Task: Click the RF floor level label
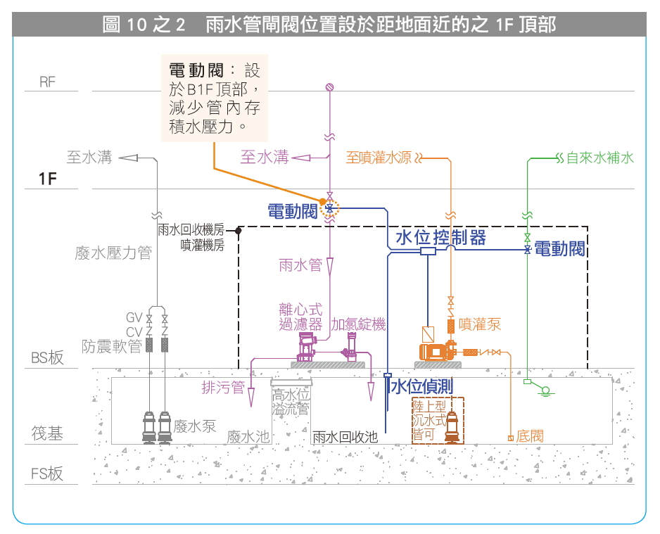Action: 47,82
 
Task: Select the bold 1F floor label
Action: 47,179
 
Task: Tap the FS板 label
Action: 47,473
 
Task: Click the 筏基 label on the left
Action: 47,433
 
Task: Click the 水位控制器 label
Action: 440,237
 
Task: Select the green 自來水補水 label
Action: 600,158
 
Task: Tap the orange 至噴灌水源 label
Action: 379,157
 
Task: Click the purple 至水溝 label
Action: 265,157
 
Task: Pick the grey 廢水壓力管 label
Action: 113,253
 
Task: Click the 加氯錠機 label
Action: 358,324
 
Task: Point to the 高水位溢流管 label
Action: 291,402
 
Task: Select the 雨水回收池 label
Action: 345,437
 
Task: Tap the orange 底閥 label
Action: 530,437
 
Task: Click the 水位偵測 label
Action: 421,386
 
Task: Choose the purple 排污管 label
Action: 223,387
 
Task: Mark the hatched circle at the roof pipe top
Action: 329,87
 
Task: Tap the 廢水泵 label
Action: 195,426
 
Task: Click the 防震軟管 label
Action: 112,346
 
